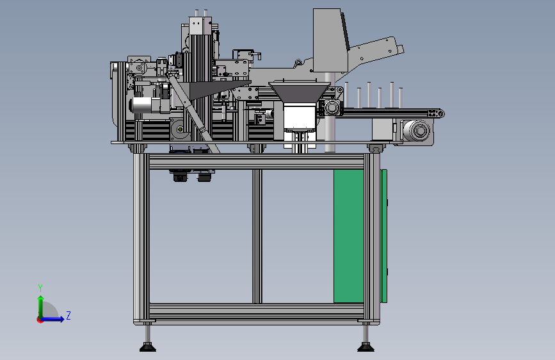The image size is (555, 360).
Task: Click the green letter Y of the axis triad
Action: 40,288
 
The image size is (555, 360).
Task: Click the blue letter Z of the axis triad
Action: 68,315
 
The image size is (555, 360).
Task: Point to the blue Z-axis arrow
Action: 52,319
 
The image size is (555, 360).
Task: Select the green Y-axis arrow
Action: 41,307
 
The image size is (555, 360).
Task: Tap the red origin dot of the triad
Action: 40,320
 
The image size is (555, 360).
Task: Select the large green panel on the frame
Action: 349,236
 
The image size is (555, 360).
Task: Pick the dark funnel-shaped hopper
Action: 300,92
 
